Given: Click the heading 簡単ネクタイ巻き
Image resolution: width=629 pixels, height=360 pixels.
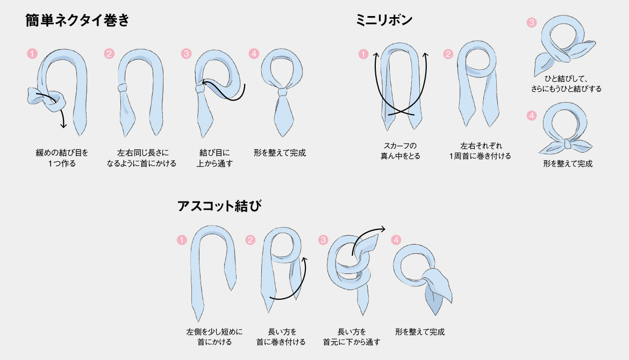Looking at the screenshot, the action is [77, 20].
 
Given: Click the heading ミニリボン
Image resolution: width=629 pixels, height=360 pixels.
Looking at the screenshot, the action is [384, 20].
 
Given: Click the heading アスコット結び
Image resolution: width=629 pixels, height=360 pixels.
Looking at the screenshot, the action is [219, 206].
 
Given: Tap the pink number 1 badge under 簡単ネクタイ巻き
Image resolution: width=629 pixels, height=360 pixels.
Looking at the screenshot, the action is [32, 53].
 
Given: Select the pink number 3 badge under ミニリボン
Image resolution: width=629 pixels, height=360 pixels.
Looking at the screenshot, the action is [532, 23].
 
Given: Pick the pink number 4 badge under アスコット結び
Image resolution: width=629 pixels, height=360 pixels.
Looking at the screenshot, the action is [396, 240].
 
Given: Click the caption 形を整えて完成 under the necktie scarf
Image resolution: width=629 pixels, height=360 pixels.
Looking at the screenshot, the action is [280, 153].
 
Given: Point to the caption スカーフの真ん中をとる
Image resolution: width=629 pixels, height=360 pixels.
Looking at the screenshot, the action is [401, 151].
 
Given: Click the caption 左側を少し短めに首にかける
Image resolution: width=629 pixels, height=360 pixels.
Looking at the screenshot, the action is [215, 337].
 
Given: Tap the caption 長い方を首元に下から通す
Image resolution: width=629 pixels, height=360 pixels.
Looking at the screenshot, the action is [352, 337].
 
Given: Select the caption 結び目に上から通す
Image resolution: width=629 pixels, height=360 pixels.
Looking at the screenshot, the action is [215, 158].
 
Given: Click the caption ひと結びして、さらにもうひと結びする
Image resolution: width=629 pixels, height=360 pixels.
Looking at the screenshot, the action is [567, 84].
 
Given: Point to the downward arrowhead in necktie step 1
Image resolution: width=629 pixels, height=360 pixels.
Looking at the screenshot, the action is [63, 126].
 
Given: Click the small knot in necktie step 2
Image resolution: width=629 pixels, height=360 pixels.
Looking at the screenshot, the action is [123, 88].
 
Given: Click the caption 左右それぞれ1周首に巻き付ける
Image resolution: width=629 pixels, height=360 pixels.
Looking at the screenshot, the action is [480, 151].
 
